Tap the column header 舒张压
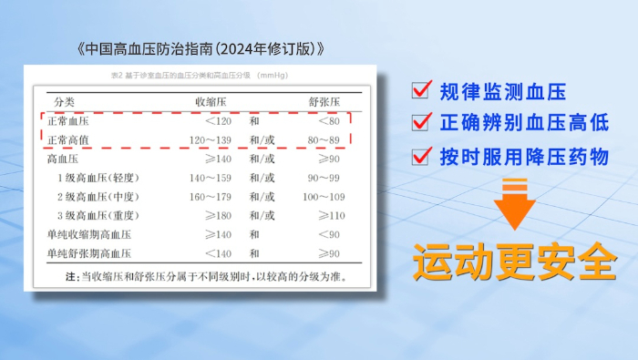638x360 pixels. (327, 100)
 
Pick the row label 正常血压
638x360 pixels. (70, 121)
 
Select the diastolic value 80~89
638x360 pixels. (327, 140)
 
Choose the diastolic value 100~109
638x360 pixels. (325, 197)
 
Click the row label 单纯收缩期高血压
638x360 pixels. (88, 234)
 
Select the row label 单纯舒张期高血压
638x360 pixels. (88, 252)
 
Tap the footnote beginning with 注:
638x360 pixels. (205, 275)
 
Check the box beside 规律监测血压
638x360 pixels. (421, 91)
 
